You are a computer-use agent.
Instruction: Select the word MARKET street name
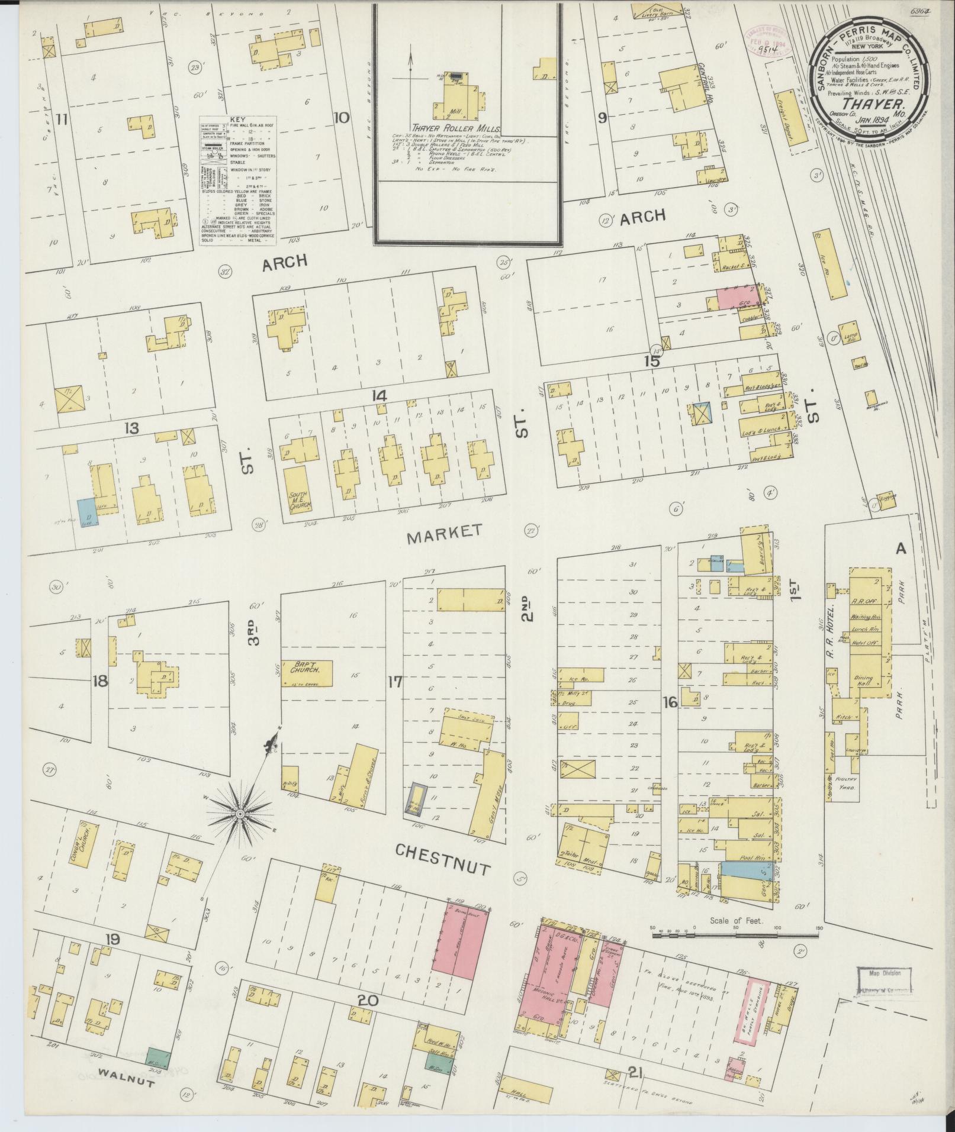tap(445, 531)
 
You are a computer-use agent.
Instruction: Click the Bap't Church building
tap(307, 670)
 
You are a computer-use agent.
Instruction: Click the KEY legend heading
tap(237, 119)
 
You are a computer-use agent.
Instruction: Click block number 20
tap(367, 1001)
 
